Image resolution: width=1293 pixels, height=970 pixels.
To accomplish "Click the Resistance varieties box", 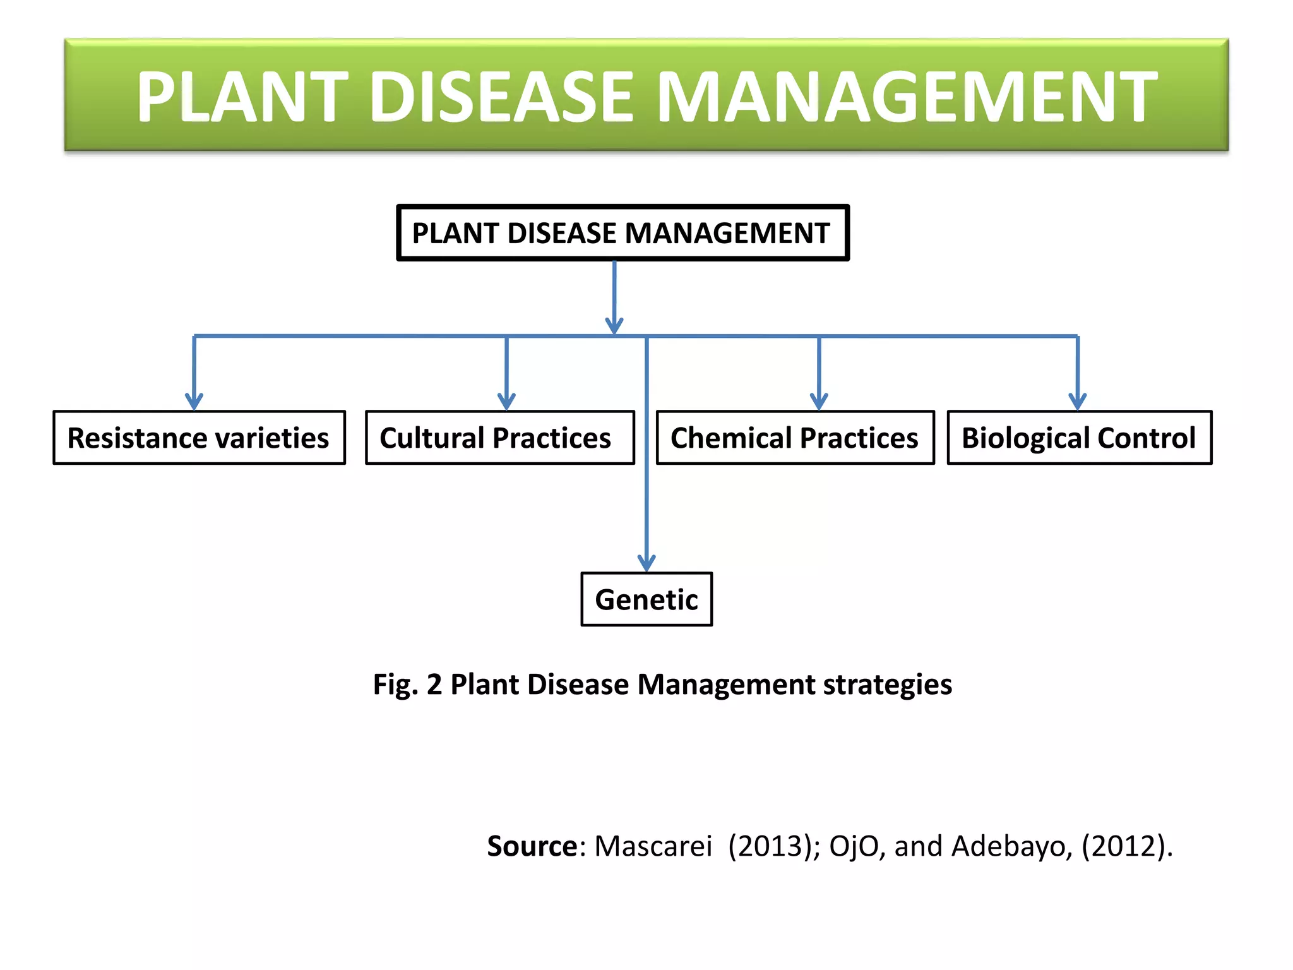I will coord(199,438).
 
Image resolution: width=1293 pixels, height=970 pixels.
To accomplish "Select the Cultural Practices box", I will coord(499,438).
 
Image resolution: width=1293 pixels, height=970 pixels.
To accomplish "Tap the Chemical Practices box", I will coord(795,438).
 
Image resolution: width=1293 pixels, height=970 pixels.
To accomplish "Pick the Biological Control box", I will coord(1079,438).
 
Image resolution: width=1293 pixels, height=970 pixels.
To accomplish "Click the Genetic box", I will coord(646,599).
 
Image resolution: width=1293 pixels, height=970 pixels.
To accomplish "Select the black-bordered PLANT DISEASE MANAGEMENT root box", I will coord(622,233).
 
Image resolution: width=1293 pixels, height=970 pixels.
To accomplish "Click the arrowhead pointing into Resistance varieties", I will coord(194,402).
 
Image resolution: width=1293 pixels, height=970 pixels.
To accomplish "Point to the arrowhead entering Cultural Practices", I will coord(506,402).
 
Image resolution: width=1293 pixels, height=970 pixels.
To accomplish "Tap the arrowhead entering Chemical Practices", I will coord(819,402).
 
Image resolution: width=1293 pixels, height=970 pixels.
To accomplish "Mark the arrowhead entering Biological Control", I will coord(1077,402).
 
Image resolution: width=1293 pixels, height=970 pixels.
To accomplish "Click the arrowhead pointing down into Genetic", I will coord(646,563).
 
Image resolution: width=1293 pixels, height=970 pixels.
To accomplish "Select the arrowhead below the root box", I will coord(614,326).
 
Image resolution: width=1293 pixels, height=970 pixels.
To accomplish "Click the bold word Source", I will coord(532,846).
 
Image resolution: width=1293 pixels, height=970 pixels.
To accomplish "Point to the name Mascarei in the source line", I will coord(653,846).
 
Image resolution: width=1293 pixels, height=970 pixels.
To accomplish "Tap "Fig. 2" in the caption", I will coord(407,685).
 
